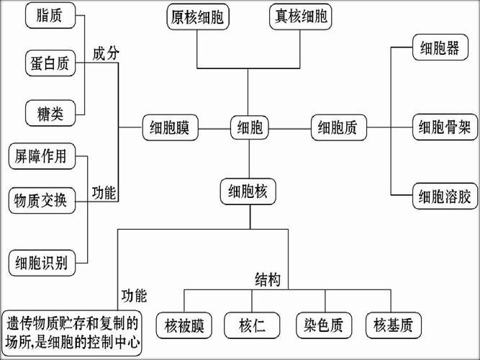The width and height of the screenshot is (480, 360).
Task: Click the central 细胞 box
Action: point(249,129)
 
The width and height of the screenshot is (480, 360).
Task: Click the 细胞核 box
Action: point(248,191)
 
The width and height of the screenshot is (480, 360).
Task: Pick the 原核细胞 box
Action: point(198,17)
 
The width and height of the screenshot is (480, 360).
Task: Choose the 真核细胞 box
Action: point(301,17)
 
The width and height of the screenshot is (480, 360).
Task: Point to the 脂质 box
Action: point(49,17)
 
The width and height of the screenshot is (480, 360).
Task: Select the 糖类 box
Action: point(49,112)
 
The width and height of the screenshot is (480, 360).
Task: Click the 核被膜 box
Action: point(184,325)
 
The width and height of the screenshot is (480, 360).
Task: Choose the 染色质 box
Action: point(322,325)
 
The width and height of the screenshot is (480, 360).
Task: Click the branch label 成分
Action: point(106,55)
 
